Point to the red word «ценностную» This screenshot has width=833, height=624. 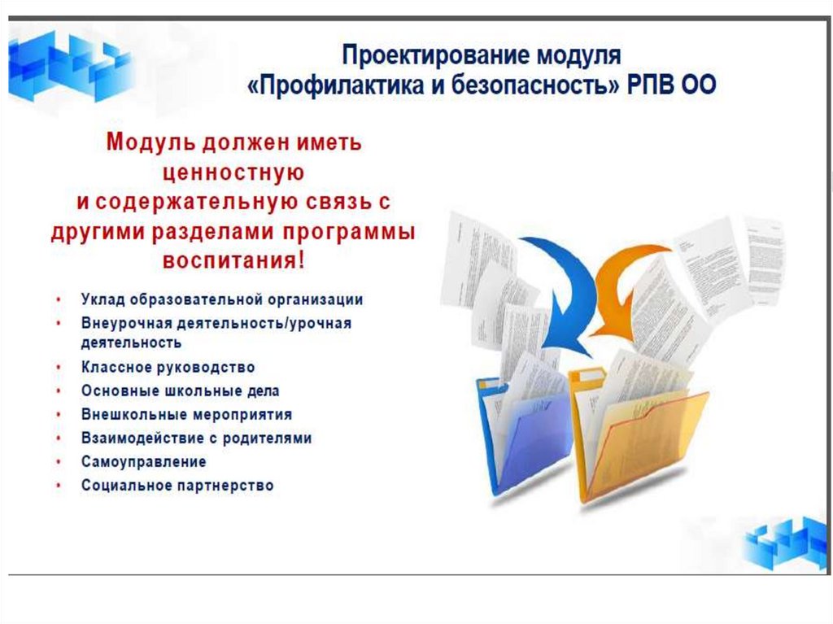point(233,172)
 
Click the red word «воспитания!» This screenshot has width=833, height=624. point(234,261)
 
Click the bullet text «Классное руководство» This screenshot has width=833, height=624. point(168,368)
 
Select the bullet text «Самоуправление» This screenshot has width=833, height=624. point(144,461)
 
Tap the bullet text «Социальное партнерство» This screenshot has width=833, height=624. point(177,486)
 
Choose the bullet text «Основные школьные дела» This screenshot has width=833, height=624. point(181,391)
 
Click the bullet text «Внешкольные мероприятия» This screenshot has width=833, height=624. point(186,415)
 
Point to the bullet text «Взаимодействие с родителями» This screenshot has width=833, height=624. point(196,439)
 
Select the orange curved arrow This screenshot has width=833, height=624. point(627,285)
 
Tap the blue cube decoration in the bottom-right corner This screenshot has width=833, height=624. point(785,541)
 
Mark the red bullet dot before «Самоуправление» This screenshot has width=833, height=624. point(59,461)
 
